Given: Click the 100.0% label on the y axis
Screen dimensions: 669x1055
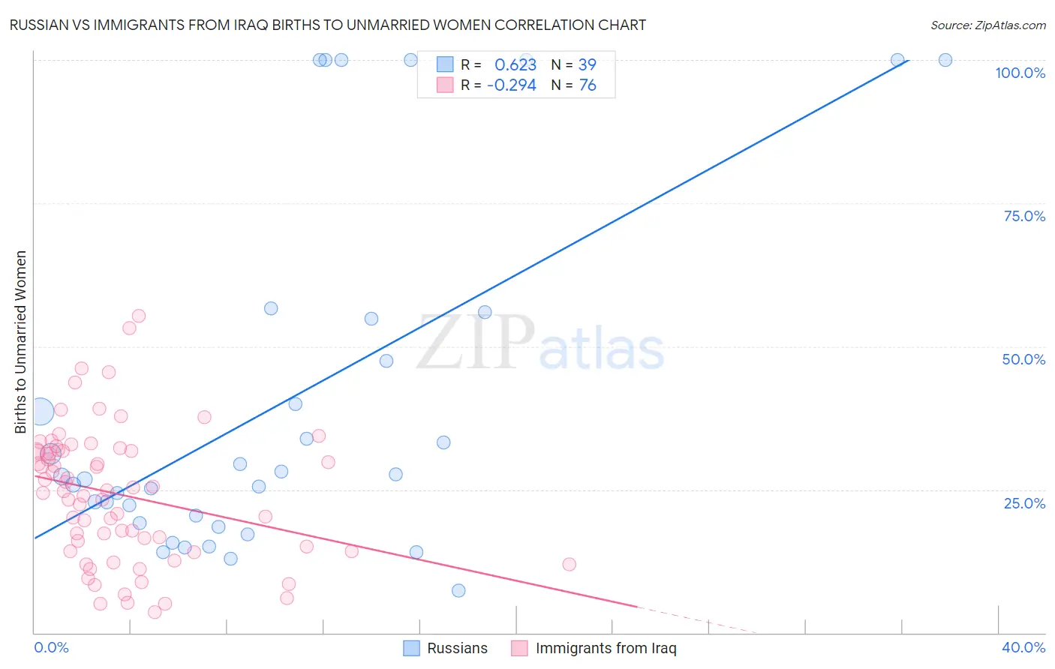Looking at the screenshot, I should click(x=1020, y=73).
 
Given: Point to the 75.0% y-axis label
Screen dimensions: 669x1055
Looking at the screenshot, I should click(x=1024, y=216).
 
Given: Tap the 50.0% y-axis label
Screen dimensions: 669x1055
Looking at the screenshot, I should click(x=1023, y=359).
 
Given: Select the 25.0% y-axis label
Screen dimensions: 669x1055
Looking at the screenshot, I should click(x=1024, y=503).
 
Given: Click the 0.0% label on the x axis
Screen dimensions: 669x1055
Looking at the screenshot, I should click(x=51, y=647).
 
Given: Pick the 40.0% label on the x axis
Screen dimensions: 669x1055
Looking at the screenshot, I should click(x=1023, y=647).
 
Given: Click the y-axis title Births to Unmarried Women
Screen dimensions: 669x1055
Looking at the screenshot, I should click(x=20, y=342).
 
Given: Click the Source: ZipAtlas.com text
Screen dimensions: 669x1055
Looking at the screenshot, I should click(x=987, y=25).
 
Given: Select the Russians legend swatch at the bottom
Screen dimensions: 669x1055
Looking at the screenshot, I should click(x=411, y=648).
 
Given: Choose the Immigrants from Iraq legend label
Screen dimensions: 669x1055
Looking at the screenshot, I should click(x=606, y=648).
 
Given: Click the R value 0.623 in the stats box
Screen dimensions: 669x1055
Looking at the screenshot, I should click(x=515, y=65).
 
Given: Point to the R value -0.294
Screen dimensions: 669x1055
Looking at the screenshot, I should click(x=512, y=85).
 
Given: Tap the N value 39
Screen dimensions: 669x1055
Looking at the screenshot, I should click(x=587, y=65).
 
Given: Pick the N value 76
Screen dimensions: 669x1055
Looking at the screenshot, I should click(x=588, y=85).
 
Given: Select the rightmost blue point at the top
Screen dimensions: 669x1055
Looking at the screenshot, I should click(x=945, y=60).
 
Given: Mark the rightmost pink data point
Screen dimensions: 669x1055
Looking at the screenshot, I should click(x=569, y=564).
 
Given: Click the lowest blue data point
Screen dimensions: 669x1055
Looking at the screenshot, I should click(x=458, y=590).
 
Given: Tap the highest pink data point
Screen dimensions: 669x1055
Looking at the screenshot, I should click(x=138, y=316).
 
